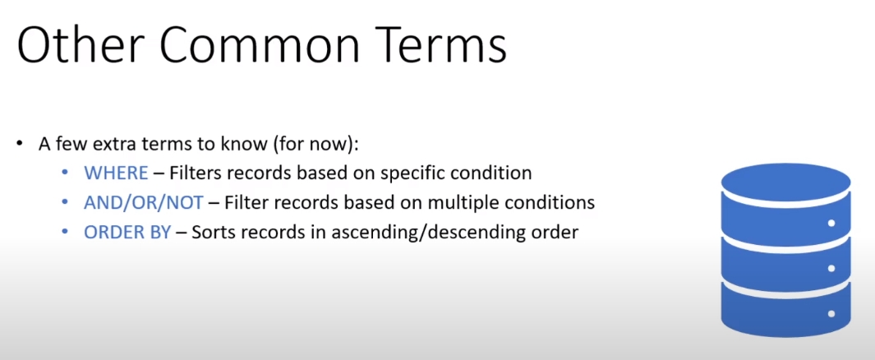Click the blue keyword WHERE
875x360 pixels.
(x=116, y=173)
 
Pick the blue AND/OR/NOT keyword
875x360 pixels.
(x=144, y=203)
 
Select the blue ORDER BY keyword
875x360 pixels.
(x=127, y=232)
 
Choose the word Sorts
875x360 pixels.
(x=210, y=232)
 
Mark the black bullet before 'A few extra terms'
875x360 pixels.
(x=20, y=144)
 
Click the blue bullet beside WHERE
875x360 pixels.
(x=65, y=173)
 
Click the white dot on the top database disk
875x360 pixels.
(x=831, y=224)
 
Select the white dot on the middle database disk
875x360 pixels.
(x=831, y=269)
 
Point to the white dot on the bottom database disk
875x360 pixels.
(x=831, y=314)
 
